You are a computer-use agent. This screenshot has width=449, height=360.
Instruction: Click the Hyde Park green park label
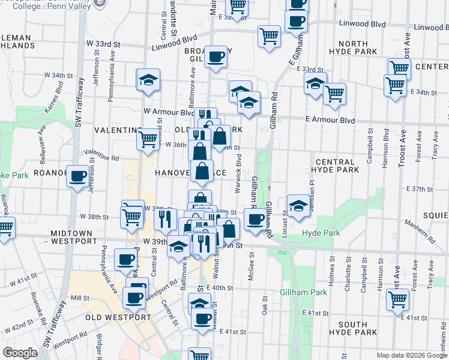pos(320,233)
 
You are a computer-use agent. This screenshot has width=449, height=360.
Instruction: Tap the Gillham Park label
pos(303,292)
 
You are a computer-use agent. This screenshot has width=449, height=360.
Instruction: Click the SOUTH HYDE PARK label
pos(352,329)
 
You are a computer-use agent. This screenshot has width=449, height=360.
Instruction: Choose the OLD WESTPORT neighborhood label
pos(118,317)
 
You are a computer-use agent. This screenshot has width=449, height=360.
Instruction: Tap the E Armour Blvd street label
pos(330,120)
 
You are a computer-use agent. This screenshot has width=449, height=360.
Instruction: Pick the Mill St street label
pos(79,297)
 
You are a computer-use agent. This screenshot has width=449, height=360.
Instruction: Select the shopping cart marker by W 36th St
pos(148,139)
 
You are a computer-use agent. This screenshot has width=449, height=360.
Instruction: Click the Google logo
pos(20,353)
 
